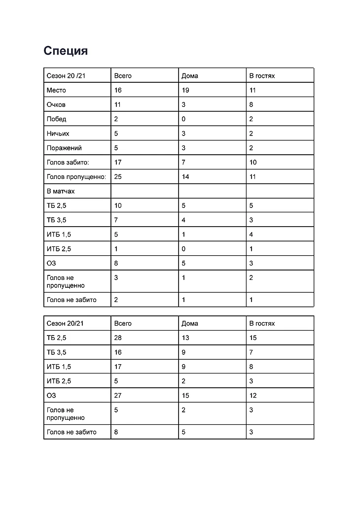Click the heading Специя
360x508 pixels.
(66, 51)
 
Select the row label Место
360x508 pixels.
(56, 90)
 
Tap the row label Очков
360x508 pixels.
(56, 104)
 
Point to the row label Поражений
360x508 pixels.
(64, 148)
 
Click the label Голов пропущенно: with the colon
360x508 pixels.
(76, 176)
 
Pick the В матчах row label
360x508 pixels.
(61, 191)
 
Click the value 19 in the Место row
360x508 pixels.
(185, 90)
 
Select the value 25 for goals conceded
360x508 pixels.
(118, 176)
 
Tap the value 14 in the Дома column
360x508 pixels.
(185, 176)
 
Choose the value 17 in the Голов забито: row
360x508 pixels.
(118, 162)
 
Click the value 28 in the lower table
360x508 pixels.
(118, 338)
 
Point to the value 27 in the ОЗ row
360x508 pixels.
(118, 395)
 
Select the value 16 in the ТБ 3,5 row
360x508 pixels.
(118, 352)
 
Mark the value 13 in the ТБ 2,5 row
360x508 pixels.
(185, 338)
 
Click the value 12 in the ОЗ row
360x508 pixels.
(253, 395)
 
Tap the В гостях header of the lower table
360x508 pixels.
(262, 323)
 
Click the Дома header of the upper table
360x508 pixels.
(190, 76)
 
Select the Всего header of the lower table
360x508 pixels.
(123, 323)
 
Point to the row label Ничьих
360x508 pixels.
(58, 134)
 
